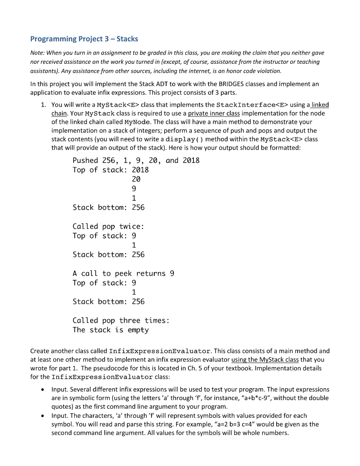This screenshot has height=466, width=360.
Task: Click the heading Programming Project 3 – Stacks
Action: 84,39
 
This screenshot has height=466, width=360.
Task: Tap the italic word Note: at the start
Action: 38,53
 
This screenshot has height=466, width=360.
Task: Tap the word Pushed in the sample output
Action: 85,160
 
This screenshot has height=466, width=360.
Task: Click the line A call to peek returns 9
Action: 123,274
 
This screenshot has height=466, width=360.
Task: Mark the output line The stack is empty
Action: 111,330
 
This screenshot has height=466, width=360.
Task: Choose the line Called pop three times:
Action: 121,320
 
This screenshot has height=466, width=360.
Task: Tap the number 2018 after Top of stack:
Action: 140,170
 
